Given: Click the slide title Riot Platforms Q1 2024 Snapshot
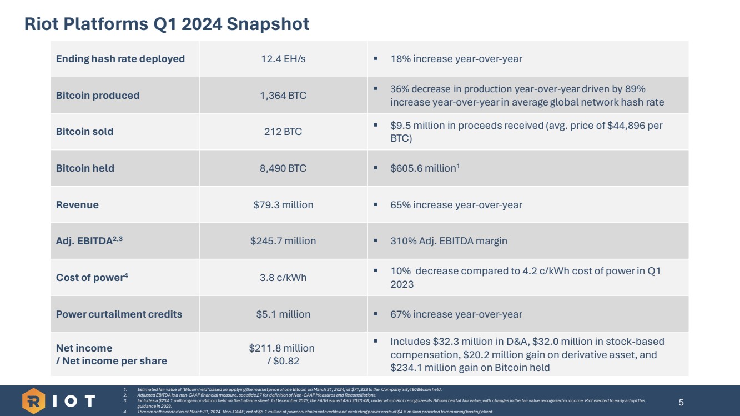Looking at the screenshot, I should coord(167,24).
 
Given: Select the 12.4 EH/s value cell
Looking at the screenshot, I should coord(283,59).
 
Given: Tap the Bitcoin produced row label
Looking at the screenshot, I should coord(98,96).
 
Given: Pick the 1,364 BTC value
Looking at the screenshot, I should coord(283,96).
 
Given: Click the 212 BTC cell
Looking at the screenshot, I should coord(283,132).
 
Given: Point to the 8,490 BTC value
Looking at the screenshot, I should coord(283,168).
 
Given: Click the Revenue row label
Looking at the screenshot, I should coord(77,205).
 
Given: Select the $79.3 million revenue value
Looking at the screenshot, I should coord(283,205).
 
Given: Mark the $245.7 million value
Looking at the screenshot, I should coord(283,241).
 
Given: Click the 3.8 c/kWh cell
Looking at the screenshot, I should coord(283,278).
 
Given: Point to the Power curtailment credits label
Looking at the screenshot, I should coord(119,314).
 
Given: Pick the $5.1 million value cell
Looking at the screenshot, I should coord(283,314).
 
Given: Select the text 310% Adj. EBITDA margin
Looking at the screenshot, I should coord(449,241).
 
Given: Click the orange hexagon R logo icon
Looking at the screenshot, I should coord(34,400).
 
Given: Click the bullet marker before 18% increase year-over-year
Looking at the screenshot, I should coord(376,58).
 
